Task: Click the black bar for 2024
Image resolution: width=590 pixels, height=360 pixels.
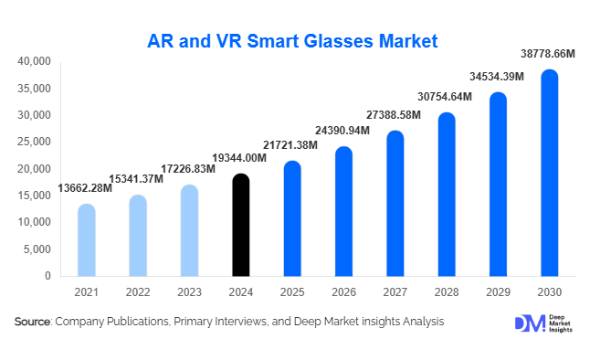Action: pos(240,225)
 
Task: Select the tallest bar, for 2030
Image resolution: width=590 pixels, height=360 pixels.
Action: pos(549,173)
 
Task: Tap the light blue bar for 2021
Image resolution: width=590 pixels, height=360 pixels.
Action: pos(86,239)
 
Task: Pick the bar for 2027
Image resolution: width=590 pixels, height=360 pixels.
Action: pos(395,203)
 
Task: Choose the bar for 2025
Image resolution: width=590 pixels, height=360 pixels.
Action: pos(291,218)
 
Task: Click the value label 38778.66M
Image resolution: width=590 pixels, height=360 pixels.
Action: pos(548,55)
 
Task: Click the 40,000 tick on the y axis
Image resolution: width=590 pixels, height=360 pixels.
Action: pos(34,61)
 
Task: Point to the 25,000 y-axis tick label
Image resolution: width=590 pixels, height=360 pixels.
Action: pos(34,142)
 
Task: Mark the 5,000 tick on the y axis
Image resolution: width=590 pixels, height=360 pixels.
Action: pos(37,249)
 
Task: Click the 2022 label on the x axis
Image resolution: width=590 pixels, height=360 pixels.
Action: pos(137,291)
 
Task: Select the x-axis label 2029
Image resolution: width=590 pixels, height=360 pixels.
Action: pos(498,291)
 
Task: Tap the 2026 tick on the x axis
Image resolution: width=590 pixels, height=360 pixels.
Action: pos(343,291)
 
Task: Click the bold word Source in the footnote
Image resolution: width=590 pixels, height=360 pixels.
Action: pos(33,322)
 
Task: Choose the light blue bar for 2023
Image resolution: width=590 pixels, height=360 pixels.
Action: pos(188,230)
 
